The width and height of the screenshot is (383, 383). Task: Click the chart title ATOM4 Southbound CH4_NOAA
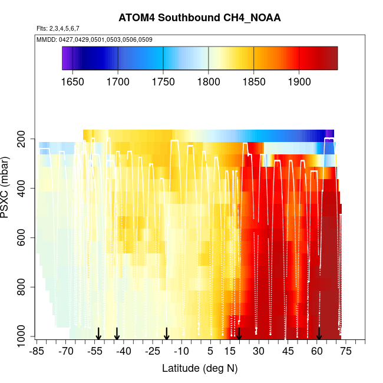click(199, 18)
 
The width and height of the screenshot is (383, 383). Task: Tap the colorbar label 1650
click(72, 81)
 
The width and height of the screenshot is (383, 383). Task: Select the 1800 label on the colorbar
click(208, 81)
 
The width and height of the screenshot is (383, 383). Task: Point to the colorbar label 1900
click(299, 81)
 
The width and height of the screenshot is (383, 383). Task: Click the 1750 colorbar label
click(163, 81)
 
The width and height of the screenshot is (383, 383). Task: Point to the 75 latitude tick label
click(346, 352)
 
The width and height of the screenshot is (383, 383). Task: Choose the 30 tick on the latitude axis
click(258, 352)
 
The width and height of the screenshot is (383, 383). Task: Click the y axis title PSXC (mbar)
click(8, 187)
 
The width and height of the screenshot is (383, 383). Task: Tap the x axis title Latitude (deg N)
click(199, 369)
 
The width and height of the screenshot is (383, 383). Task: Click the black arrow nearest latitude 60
click(319, 334)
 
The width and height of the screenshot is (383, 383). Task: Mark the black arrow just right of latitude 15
click(239, 334)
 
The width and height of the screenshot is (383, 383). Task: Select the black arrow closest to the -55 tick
click(98, 334)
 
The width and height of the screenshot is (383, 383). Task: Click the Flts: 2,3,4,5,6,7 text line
click(58, 28)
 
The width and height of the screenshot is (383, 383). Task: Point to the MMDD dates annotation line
click(94, 39)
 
